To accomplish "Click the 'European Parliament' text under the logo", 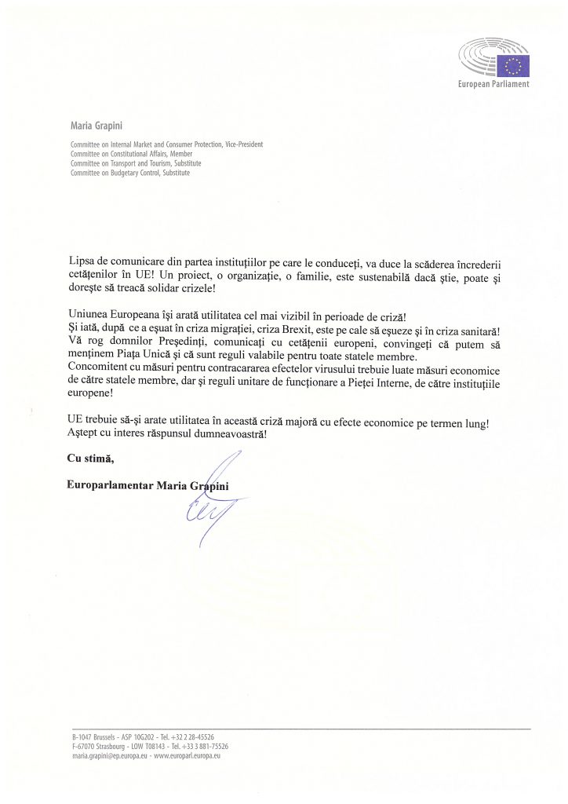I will (x=493, y=84).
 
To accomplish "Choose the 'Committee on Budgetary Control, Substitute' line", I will (x=130, y=173).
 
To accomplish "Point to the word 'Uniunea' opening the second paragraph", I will (x=87, y=317).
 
